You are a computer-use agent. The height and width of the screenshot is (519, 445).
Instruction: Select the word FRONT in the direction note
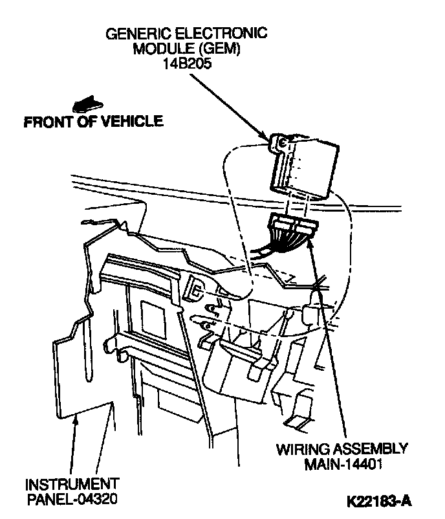[47, 122]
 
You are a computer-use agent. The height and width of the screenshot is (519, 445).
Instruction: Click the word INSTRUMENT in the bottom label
[72, 483]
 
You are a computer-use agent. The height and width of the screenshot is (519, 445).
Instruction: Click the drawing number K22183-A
[379, 501]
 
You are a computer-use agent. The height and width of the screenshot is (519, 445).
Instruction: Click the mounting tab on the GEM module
[279, 143]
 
